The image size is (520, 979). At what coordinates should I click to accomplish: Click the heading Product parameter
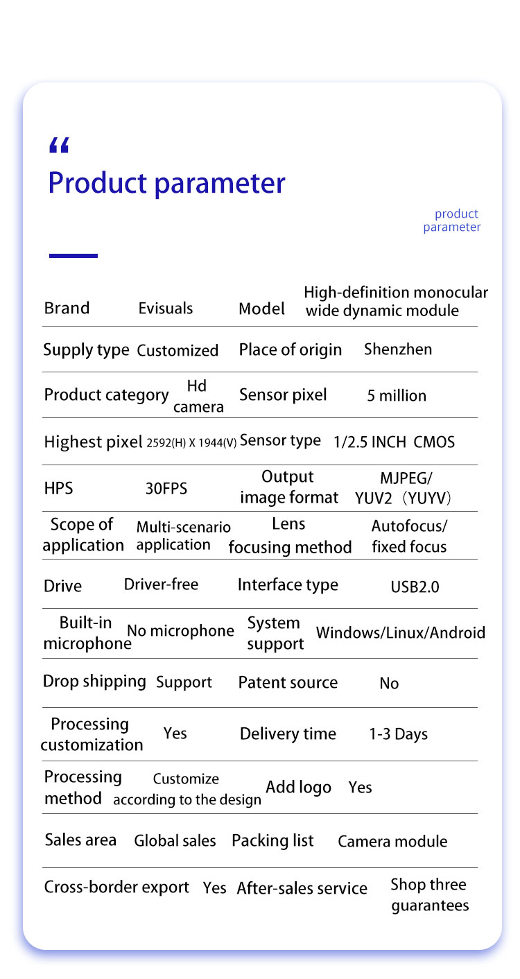pos(166,184)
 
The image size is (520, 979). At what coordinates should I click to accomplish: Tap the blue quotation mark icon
pos(60,146)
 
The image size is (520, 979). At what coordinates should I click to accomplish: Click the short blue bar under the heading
pos(73,256)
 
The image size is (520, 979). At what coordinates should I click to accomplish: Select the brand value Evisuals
pos(166,309)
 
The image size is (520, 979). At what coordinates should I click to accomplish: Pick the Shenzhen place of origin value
pos(398,349)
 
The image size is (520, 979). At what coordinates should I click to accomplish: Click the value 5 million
pos(397,396)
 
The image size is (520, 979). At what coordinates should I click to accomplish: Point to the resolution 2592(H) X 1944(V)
pos(192,442)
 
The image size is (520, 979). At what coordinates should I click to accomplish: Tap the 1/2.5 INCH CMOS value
pos(394,442)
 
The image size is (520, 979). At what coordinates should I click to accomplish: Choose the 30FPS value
pos(166,488)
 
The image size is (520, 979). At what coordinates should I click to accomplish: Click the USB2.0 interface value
pos(415,587)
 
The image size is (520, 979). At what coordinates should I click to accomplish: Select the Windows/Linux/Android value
pos(401,632)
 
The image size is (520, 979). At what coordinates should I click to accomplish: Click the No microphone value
pos(180,631)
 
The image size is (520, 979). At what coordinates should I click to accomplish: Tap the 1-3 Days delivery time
pos(398,734)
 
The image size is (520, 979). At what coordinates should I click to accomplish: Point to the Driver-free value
pos(161,584)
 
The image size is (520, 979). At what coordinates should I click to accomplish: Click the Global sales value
pos(175,841)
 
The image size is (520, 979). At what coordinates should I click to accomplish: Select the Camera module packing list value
pos(392,842)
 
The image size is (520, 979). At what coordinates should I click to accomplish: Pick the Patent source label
pos(288,683)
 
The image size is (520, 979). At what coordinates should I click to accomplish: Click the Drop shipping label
pos(94,682)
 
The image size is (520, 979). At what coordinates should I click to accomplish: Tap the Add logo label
pos(298,788)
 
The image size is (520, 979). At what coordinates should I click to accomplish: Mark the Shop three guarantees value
pos(429,895)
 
